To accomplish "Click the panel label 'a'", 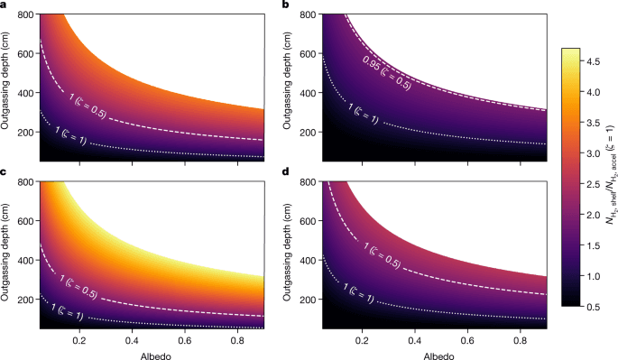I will tap(5, 5).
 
